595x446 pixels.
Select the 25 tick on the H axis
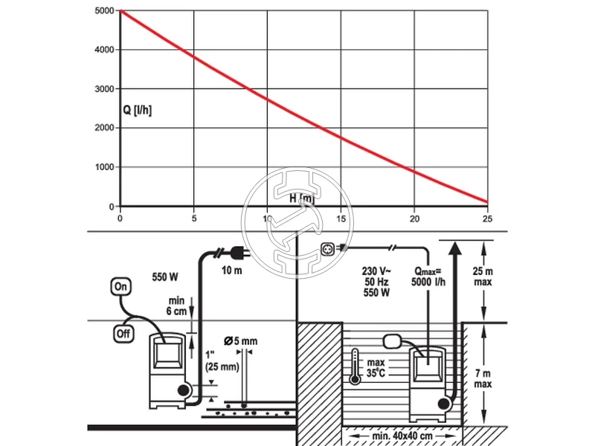click(x=487, y=219)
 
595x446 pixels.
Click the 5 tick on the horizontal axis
click(x=194, y=219)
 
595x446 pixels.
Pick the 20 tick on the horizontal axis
click(x=414, y=219)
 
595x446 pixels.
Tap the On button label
click(x=120, y=285)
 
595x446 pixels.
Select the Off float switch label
click(x=122, y=334)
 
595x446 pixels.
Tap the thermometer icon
click(x=356, y=365)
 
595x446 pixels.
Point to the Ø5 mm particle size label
click(x=240, y=341)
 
